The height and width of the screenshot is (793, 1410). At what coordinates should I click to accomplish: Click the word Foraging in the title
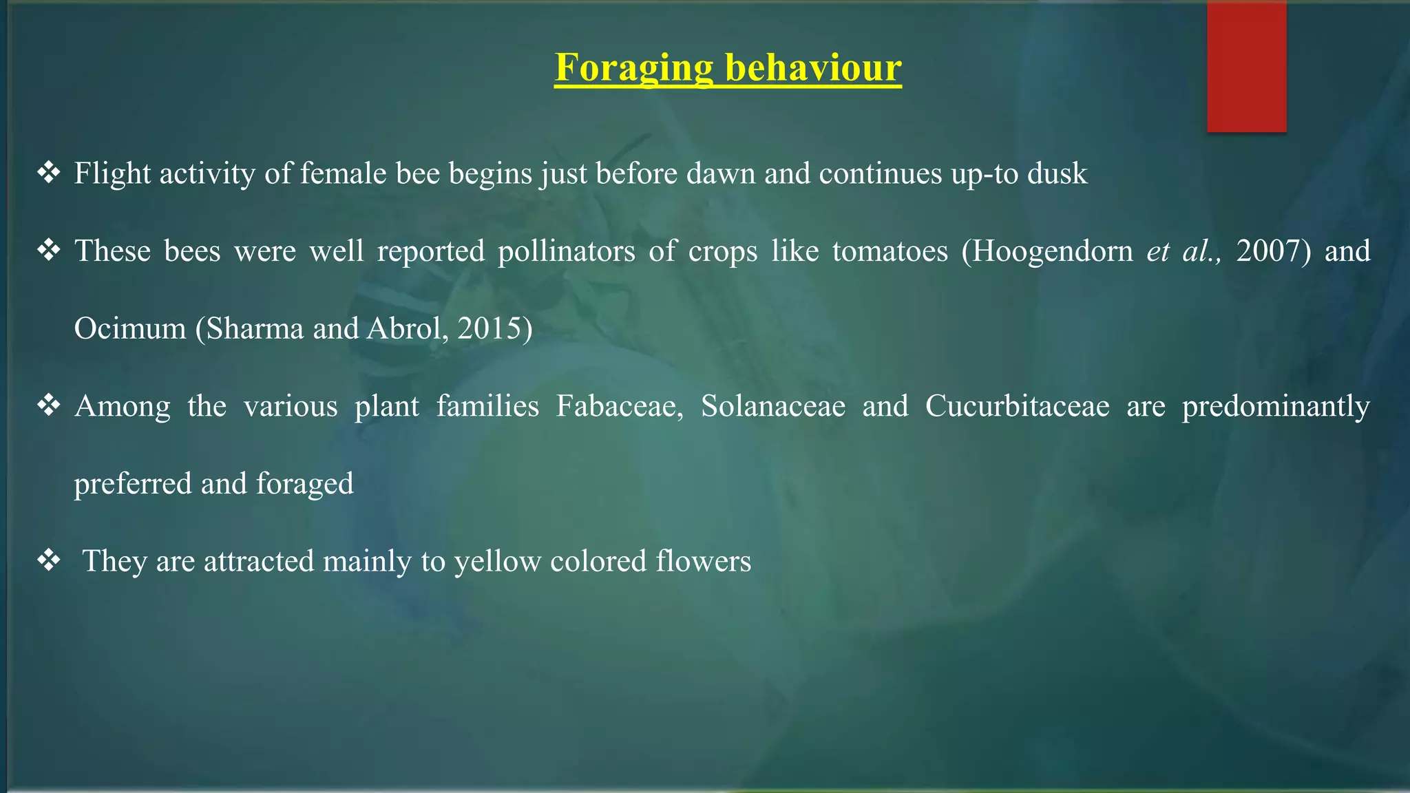[x=633, y=69]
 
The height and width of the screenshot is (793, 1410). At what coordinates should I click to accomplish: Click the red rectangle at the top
[x=1246, y=66]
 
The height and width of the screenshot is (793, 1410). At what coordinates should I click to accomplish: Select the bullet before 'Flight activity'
[x=49, y=173]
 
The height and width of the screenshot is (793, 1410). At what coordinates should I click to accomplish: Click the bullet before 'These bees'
[x=49, y=251]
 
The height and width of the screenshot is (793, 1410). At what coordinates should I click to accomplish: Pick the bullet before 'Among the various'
[x=49, y=406]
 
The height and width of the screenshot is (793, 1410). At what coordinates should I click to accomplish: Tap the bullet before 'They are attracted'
[x=49, y=561]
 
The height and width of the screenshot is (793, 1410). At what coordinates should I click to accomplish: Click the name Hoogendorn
[x=1053, y=251]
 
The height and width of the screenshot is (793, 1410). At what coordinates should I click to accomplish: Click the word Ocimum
[x=130, y=329]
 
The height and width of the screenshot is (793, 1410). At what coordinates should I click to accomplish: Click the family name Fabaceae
[x=619, y=406]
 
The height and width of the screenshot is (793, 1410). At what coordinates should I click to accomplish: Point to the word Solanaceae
[x=772, y=406]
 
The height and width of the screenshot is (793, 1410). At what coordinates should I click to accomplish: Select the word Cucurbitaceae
[x=1017, y=406]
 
